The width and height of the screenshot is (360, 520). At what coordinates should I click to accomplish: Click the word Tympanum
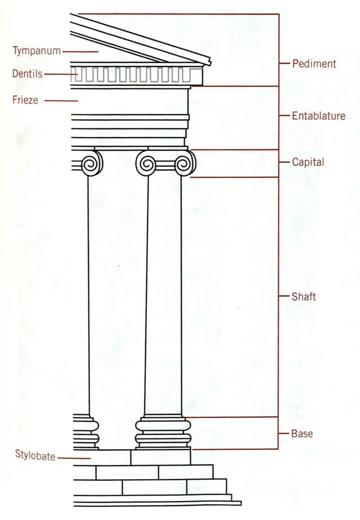tap(37, 51)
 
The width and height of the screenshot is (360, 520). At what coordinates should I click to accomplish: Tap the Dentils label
tap(27, 74)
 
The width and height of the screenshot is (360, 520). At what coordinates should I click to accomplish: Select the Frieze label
tap(25, 100)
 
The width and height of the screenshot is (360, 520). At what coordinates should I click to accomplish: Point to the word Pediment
tap(314, 64)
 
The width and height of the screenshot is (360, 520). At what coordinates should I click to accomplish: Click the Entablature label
tap(318, 116)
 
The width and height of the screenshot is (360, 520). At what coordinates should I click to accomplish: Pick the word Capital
tap(308, 162)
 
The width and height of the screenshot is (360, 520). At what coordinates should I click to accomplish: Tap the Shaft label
tap(304, 296)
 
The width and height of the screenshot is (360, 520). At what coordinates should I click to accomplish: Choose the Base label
tap(302, 433)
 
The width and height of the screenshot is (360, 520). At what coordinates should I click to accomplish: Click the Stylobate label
tap(35, 455)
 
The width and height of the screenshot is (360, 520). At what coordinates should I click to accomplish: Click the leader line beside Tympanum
tap(80, 52)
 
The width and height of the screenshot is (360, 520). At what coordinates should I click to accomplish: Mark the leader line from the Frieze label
tap(61, 101)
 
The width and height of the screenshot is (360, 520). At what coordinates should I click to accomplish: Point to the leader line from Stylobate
tap(74, 458)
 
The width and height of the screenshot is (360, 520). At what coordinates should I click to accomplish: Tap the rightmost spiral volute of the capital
tap(185, 164)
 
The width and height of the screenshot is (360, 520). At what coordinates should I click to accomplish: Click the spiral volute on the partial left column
tap(92, 164)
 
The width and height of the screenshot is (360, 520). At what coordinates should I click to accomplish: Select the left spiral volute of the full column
tap(146, 164)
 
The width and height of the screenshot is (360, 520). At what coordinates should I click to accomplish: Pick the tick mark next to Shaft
tap(284, 296)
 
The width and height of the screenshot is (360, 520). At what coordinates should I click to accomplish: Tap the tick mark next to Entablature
tap(284, 116)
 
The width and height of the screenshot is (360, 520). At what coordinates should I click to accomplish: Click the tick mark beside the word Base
tap(284, 433)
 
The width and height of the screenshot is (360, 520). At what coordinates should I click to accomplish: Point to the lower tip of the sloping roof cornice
tap(210, 64)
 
